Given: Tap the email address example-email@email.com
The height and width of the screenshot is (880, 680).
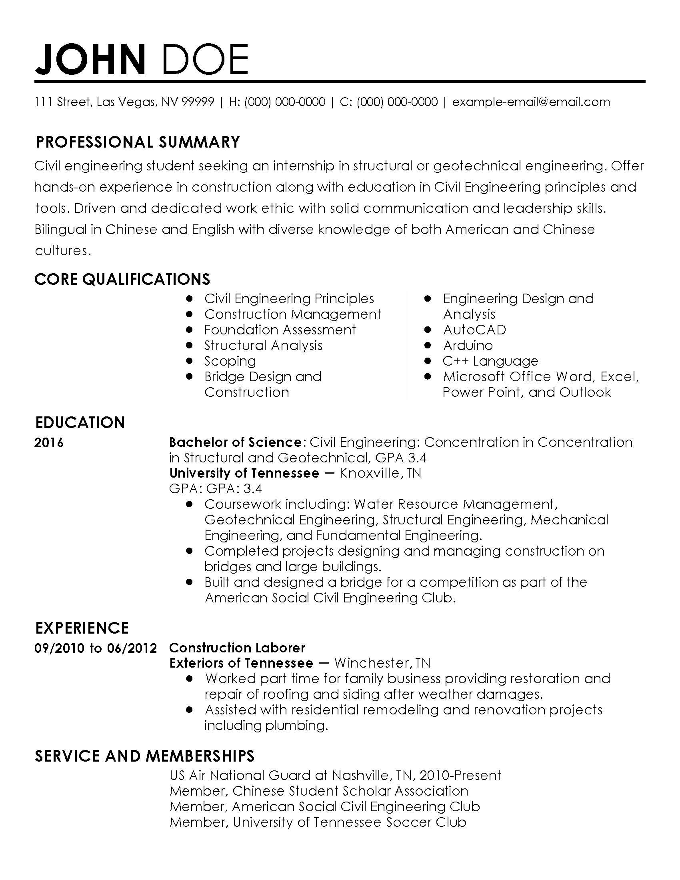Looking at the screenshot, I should click(531, 102).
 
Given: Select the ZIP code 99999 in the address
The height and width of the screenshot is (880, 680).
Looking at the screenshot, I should click(198, 102).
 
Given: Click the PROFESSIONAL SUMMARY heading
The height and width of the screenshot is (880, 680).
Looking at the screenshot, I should click(138, 142).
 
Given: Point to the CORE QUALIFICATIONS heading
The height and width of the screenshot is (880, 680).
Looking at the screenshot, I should click(122, 279).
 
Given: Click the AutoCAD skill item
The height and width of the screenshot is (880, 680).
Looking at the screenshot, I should click(474, 330).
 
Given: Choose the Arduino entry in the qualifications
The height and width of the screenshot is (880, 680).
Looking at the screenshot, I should click(468, 346).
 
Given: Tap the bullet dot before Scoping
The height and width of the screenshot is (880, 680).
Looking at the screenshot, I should click(189, 361).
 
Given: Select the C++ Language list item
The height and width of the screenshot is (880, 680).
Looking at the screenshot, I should click(490, 361).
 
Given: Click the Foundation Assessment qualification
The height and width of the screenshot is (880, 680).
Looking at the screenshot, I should click(280, 330).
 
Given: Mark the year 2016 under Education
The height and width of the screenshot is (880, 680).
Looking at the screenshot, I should click(49, 443).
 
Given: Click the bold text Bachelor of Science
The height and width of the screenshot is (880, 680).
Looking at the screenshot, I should click(235, 442).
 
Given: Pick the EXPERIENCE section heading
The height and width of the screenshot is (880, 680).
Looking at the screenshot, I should click(82, 628).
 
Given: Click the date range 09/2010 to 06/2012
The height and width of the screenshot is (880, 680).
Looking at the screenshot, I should click(96, 648).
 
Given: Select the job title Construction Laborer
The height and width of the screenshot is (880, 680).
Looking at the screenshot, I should click(237, 648).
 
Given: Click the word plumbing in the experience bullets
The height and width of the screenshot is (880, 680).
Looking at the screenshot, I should click(295, 726).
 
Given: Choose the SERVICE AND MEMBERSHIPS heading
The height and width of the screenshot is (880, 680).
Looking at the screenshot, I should click(145, 756).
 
